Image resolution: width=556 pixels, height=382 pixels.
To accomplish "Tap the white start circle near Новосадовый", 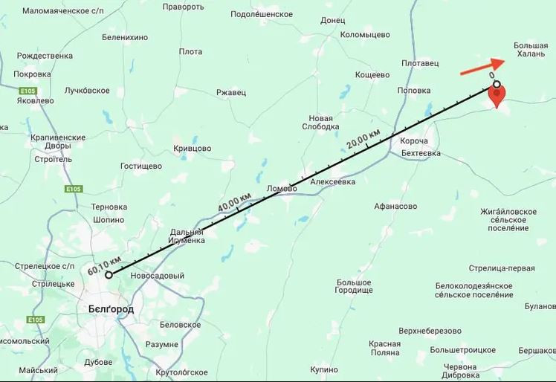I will point(109,275).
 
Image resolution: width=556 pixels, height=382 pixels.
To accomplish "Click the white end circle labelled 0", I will point(497,84).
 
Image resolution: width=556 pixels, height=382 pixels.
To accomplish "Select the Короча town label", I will point(414,141).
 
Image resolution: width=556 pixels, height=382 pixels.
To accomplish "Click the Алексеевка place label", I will point(332,181).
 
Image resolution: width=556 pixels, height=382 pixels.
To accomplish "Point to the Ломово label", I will point(282,189).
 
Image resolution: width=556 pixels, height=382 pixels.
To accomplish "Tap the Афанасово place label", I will point(395,207).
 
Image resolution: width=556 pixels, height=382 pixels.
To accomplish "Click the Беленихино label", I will point(125,37).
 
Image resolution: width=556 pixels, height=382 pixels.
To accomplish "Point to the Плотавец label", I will point(418,65).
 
